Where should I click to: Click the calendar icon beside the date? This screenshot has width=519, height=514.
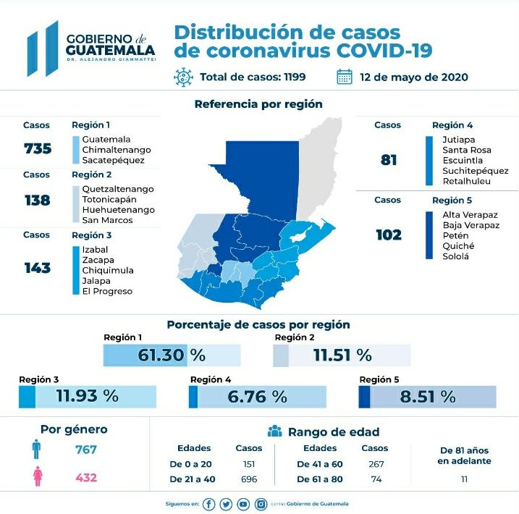pyautogui.click(x=345, y=77)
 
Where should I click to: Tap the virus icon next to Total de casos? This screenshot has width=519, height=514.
pyautogui.click(x=184, y=77)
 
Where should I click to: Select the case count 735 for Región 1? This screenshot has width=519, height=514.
pyautogui.click(x=37, y=148)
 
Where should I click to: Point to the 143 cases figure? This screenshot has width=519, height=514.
pyautogui.click(x=37, y=268)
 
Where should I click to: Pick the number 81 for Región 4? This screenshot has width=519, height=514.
pyautogui.click(x=389, y=159)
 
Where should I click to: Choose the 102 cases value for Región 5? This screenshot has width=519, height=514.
pyautogui.click(x=388, y=235)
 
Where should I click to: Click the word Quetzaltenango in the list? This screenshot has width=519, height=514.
pyautogui.click(x=118, y=189)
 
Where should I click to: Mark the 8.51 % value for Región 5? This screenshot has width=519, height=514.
pyautogui.click(x=427, y=397)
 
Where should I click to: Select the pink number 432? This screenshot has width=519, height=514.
pyautogui.click(x=85, y=479)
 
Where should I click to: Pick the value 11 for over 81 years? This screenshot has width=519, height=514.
pyautogui.click(x=464, y=479)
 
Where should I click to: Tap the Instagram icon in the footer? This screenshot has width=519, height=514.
pyautogui.click(x=261, y=504)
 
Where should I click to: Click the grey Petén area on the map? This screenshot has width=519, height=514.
pyautogui.click(x=318, y=174)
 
